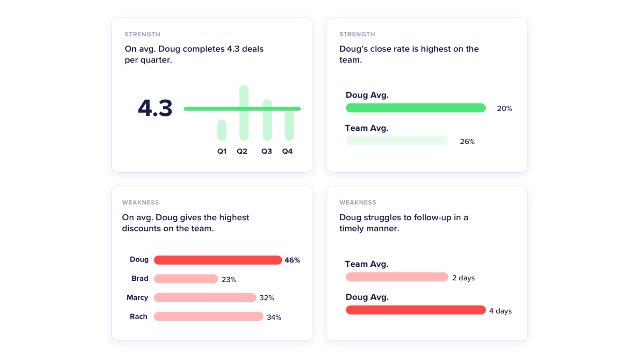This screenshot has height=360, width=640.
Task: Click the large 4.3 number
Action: [x=155, y=108]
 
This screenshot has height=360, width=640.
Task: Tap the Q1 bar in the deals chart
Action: [x=222, y=130]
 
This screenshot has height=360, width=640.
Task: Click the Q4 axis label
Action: [x=287, y=151]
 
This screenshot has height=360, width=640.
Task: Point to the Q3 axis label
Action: [x=266, y=151]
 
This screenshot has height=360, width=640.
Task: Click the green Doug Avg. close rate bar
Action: [x=416, y=108]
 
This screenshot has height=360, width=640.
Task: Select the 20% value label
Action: [x=504, y=108]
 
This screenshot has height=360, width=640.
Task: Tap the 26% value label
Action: [x=467, y=142]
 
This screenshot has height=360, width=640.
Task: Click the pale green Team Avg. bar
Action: [x=397, y=141]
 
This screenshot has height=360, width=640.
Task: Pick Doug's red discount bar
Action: [x=218, y=260]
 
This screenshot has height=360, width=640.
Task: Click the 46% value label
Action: [x=292, y=260]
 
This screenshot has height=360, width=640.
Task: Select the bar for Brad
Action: [x=186, y=279]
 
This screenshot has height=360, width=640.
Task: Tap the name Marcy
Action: [x=137, y=298]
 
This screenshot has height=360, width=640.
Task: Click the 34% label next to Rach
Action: [x=274, y=317]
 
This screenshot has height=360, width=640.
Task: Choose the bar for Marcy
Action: [x=205, y=298]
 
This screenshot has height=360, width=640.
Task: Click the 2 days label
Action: [x=463, y=278]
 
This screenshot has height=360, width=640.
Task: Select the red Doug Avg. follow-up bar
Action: [x=416, y=310]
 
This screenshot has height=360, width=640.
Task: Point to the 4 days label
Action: [x=500, y=311]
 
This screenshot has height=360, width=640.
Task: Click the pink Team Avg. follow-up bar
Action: [x=397, y=277]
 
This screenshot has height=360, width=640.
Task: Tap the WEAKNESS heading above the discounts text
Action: [x=140, y=202]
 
